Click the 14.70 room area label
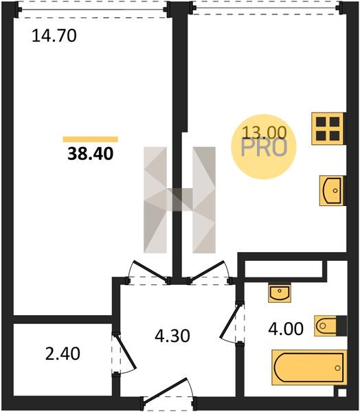[54, 36]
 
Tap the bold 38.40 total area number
[91, 154]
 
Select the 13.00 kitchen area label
[264, 132]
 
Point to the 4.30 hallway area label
[172, 336]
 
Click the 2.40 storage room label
[63, 354]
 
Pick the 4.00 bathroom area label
[286, 329]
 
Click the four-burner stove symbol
[328, 129]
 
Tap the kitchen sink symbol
[332, 190]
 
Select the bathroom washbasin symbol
[280, 293]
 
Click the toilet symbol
[330, 325]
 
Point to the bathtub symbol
[309, 367]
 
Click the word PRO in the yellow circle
[264, 148]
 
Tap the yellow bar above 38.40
[91, 139]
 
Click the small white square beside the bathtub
[341, 393]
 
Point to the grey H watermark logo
[179, 200]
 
